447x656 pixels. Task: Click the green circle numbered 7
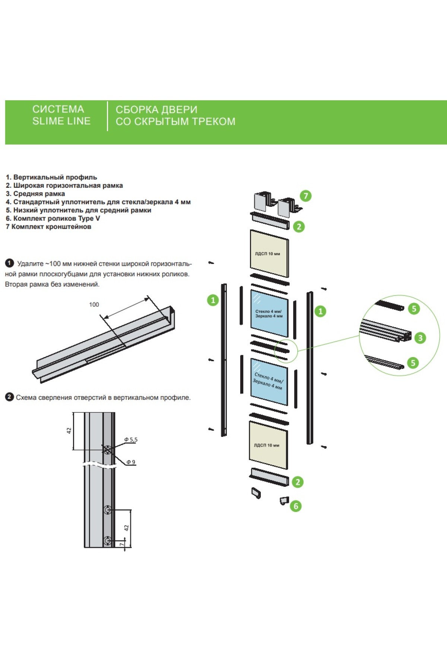point(305,196)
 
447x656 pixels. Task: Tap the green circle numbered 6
point(296,506)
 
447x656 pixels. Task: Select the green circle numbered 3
point(420,338)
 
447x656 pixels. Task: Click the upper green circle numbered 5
point(414,309)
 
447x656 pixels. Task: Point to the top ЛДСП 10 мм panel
point(269,254)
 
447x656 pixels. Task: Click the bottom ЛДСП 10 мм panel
point(268,445)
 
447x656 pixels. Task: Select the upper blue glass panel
point(269,313)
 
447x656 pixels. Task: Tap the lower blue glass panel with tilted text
point(269,381)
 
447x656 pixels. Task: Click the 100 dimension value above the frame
point(94,305)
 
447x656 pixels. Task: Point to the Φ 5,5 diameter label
point(131,440)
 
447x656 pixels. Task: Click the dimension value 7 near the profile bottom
point(122,545)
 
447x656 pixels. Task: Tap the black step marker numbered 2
point(9,397)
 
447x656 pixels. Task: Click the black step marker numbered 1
point(9,264)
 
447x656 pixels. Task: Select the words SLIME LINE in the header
point(61,121)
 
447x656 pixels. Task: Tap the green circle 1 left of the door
point(213,300)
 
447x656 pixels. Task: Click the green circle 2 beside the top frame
point(299,227)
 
